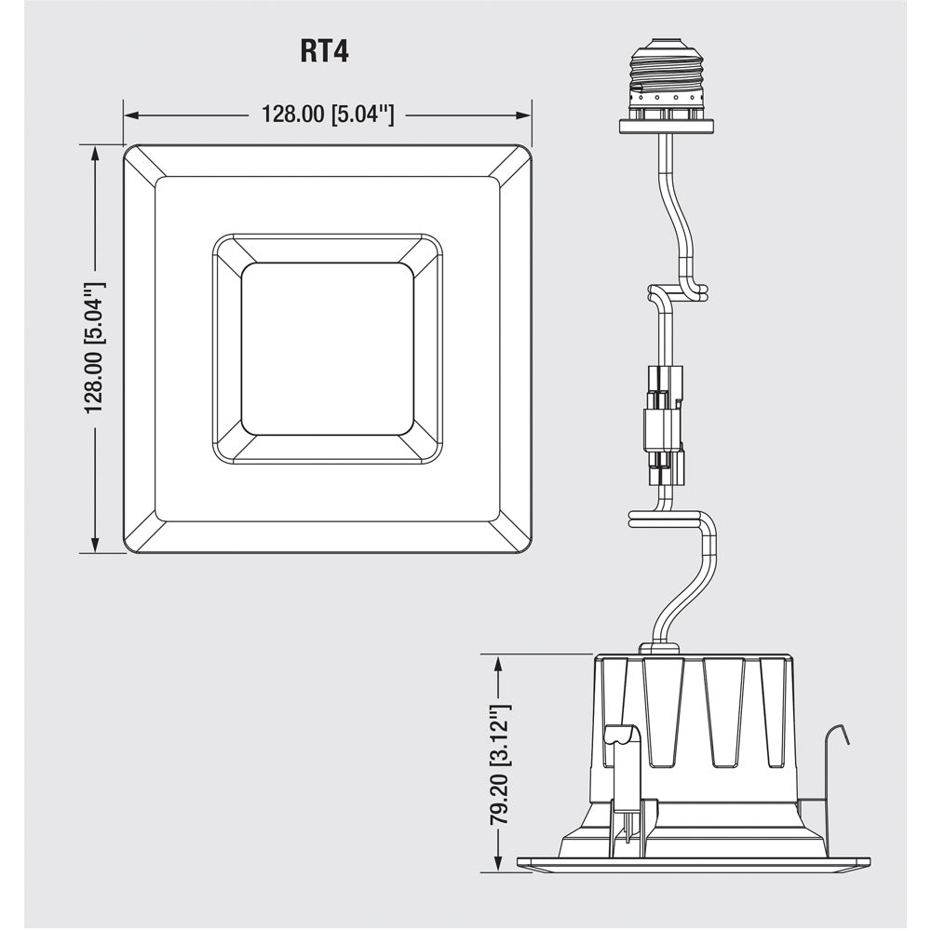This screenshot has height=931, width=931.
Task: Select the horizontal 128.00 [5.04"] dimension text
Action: (x=328, y=115)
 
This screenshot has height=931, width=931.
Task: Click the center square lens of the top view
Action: (x=328, y=348)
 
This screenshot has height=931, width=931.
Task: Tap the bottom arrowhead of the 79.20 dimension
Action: (x=500, y=865)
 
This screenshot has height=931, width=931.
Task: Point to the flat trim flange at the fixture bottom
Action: (x=694, y=865)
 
